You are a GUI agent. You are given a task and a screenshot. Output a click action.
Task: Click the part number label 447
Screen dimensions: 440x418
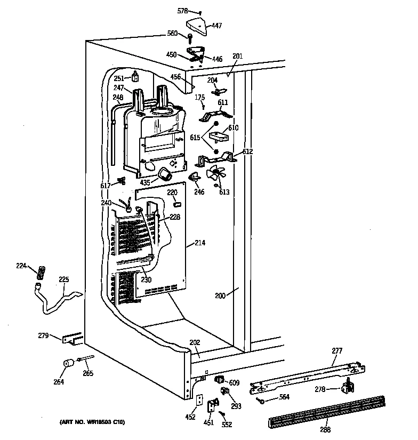[217, 25]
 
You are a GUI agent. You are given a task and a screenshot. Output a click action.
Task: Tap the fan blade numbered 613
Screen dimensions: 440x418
[215, 173]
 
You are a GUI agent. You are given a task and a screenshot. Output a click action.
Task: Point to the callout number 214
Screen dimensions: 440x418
[200, 243]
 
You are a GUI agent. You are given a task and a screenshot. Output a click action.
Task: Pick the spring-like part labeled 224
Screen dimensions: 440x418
[39, 271]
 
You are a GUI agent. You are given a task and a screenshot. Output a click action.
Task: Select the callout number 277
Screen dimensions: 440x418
[337, 350]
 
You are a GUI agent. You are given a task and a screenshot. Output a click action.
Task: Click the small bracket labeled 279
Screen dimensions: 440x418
[71, 338]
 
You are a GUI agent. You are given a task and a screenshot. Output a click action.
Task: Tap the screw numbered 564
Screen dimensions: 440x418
[260, 400]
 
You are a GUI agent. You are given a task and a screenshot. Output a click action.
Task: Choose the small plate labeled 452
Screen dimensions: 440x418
[199, 399]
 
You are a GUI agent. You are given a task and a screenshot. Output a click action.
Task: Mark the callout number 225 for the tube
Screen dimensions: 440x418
[64, 279]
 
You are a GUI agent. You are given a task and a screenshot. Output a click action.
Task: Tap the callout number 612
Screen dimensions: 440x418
[247, 151]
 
